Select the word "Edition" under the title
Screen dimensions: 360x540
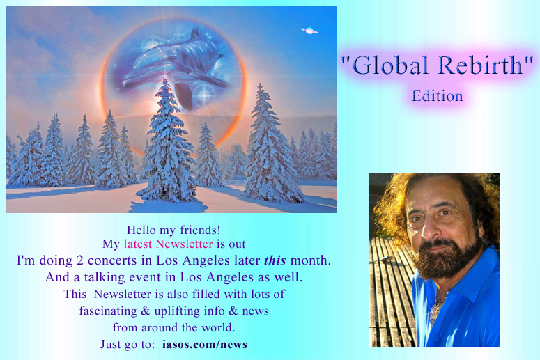[438, 96]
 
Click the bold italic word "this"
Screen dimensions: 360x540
[275, 260]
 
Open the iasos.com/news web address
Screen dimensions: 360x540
[204, 345]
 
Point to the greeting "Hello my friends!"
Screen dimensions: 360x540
[174, 229]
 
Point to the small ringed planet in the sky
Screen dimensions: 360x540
[309, 30]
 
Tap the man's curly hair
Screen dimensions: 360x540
[481, 202]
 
